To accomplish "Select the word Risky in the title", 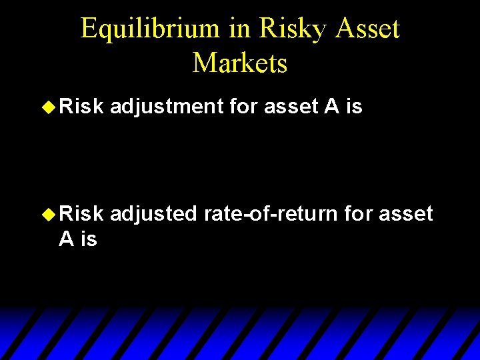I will tap(286, 29).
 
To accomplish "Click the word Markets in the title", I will tap(240, 63).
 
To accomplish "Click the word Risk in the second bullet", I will tap(81, 214).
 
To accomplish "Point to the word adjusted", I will tap(153, 214).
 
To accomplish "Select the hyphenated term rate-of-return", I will tap(271, 214).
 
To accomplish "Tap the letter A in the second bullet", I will tap(66, 239).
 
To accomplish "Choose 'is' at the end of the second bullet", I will tap(89, 239).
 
